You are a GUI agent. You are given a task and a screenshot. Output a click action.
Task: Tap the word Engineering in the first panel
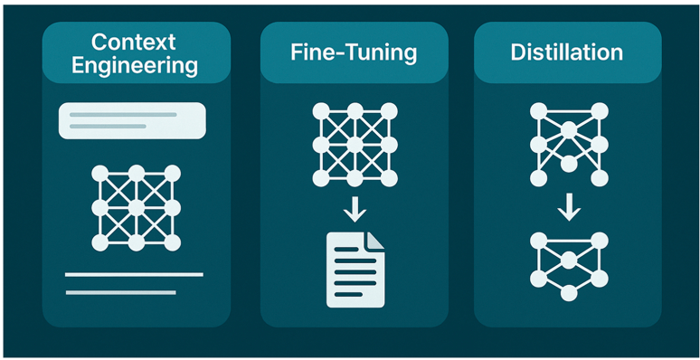point(133,65)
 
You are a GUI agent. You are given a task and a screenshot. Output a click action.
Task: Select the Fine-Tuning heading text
point(354,52)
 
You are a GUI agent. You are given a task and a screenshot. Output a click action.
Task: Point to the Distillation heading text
point(567,52)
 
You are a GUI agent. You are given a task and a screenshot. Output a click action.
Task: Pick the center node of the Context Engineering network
point(136,208)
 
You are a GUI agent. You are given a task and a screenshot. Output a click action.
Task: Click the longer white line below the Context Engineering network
point(134,273)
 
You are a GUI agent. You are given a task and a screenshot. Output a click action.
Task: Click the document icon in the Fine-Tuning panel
point(354,269)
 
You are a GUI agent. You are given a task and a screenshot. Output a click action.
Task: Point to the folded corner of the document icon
point(374,242)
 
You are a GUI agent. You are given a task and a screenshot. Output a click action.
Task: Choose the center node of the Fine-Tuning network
point(354,145)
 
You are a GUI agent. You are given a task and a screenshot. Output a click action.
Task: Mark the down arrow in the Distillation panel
point(568,210)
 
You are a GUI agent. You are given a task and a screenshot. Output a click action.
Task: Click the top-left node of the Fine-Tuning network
point(318,110)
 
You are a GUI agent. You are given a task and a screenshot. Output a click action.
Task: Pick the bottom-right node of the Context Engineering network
point(170,242)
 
